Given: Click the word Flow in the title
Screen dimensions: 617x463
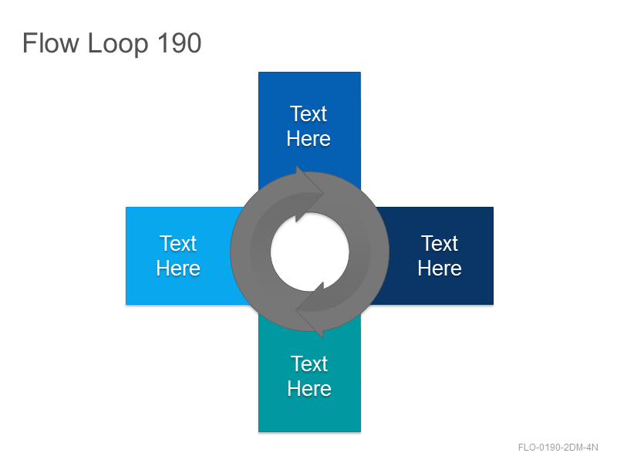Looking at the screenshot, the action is pyautogui.click(x=51, y=43).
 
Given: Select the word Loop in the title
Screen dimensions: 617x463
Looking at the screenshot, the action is pyautogui.click(x=118, y=44).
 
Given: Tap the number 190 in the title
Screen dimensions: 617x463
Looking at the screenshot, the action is pyautogui.click(x=180, y=43).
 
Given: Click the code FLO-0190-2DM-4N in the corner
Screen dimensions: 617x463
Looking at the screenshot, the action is pyautogui.click(x=558, y=448).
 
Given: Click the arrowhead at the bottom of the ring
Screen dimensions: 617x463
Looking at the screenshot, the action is pyautogui.click(x=311, y=310).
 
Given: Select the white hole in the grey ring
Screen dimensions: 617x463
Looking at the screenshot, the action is pyautogui.click(x=310, y=252).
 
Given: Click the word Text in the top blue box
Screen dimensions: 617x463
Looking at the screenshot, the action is pyautogui.click(x=308, y=114).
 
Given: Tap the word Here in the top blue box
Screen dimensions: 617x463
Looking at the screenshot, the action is pyautogui.click(x=308, y=139).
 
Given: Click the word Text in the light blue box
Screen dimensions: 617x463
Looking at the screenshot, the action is pyautogui.click(x=178, y=244).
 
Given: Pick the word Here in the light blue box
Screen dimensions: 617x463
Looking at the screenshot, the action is pyautogui.click(x=178, y=269).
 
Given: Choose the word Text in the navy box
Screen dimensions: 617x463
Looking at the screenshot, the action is pyautogui.click(x=440, y=244).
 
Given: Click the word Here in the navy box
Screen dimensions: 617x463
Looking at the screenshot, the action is pyautogui.click(x=440, y=269).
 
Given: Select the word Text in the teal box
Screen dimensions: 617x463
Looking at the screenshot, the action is pyautogui.click(x=309, y=364).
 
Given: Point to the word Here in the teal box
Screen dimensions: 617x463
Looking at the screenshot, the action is pyautogui.click(x=309, y=389).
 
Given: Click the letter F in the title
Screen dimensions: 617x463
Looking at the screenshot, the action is pyautogui.click(x=29, y=43).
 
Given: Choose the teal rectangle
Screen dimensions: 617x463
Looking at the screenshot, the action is pyautogui.click(x=310, y=378).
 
